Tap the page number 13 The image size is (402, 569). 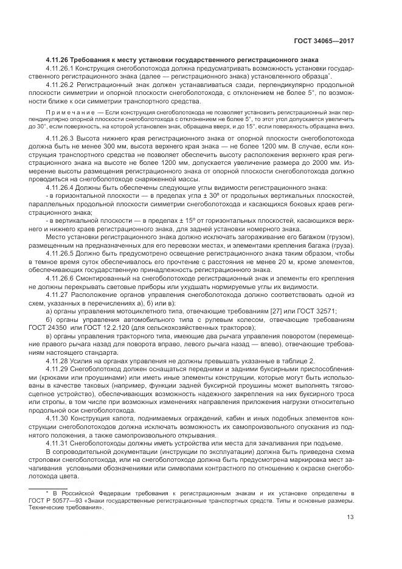point(350,518)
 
